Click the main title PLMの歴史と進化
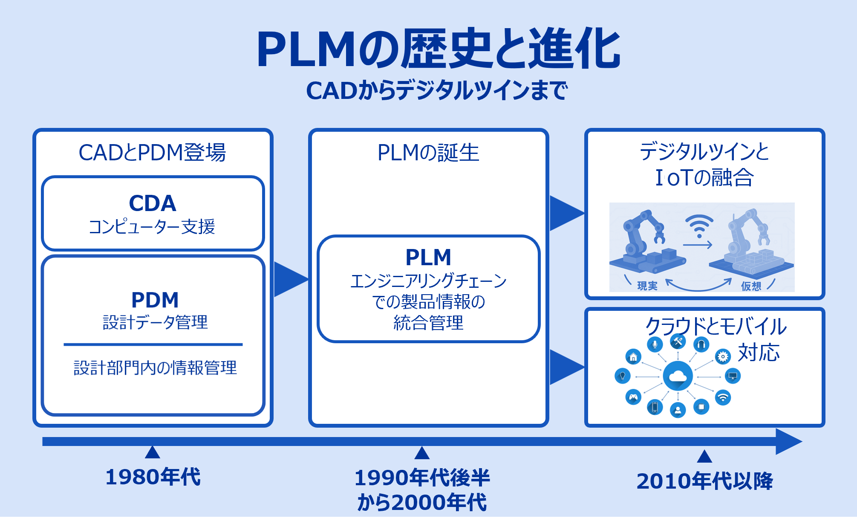coord(438,48)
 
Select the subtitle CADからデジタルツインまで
coord(437,90)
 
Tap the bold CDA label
coord(153,203)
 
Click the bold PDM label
coord(155,300)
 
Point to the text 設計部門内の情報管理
coord(155,368)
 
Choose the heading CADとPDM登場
coord(152,152)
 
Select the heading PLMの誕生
coord(428,152)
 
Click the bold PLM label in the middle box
coord(428,257)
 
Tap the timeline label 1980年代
coord(153,477)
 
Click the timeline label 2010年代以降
coord(704,481)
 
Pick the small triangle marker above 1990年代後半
coord(422,453)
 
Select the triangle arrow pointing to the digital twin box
coord(567,213)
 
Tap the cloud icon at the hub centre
coord(678,376)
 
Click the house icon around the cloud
coord(633,357)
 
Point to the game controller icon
coord(633,397)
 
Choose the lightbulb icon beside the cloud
coord(623,376)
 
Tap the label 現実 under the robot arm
coord(647,286)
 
